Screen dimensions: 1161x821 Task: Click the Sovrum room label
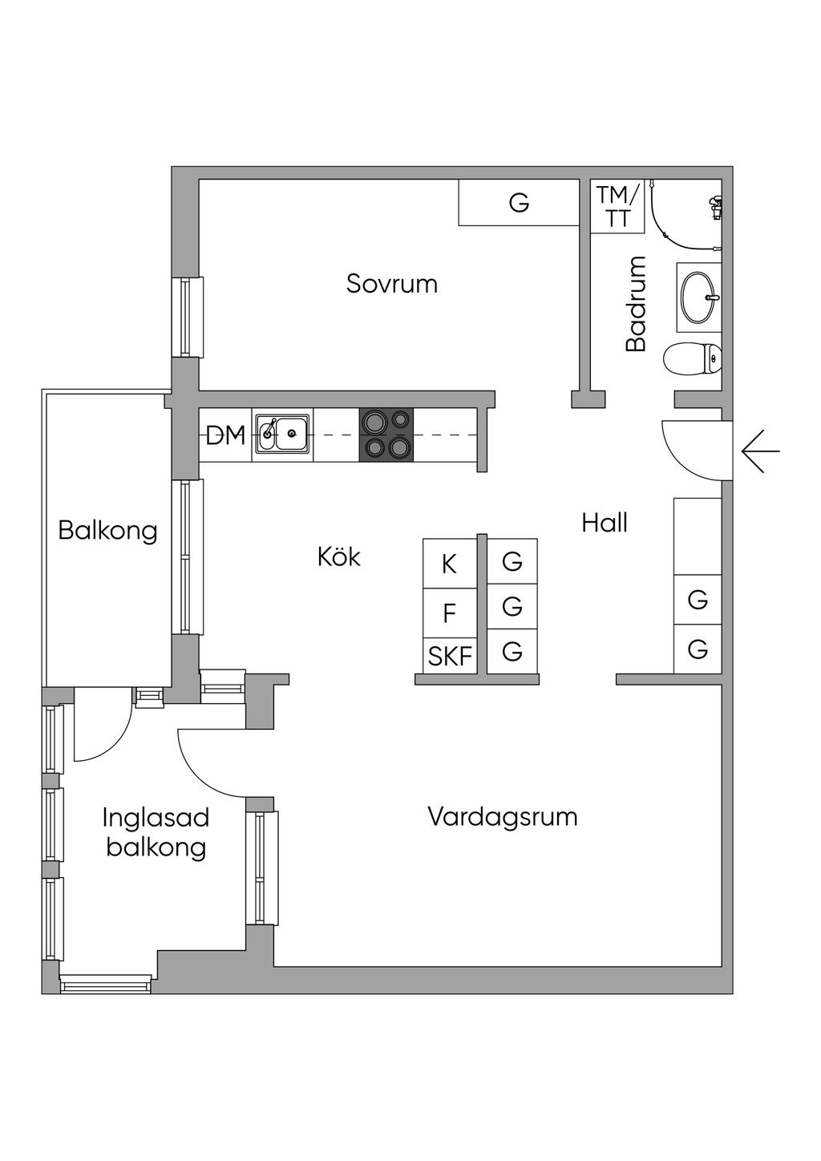tap(391, 284)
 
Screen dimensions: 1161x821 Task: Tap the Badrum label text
tap(636, 304)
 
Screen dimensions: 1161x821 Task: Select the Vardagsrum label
tap(502, 817)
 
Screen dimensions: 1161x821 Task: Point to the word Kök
tap(338, 556)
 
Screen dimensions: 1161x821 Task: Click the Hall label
tap(605, 523)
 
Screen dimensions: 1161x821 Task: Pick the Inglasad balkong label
tap(156, 832)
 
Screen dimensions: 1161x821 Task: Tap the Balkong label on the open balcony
tap(107, 530)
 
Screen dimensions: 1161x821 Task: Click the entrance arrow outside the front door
tap(760, 451)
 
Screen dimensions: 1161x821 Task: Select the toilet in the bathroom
tap(694, 358)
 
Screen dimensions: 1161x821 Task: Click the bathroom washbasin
tap(698, 297)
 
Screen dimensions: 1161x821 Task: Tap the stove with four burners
tap(386, 435)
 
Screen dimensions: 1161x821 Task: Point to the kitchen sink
tap(283, 435)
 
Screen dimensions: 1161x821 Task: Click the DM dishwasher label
tap(225, 436)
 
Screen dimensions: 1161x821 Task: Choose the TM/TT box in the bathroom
tap(617, 207)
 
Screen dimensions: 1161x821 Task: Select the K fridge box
tap(449, 564)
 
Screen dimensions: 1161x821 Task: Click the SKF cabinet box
tap(449, 657)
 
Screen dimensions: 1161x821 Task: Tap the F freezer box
tap(449, 613)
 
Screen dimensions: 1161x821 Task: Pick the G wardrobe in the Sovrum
tap(519, 203)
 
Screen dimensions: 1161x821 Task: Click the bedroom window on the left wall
tap(188, 317)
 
